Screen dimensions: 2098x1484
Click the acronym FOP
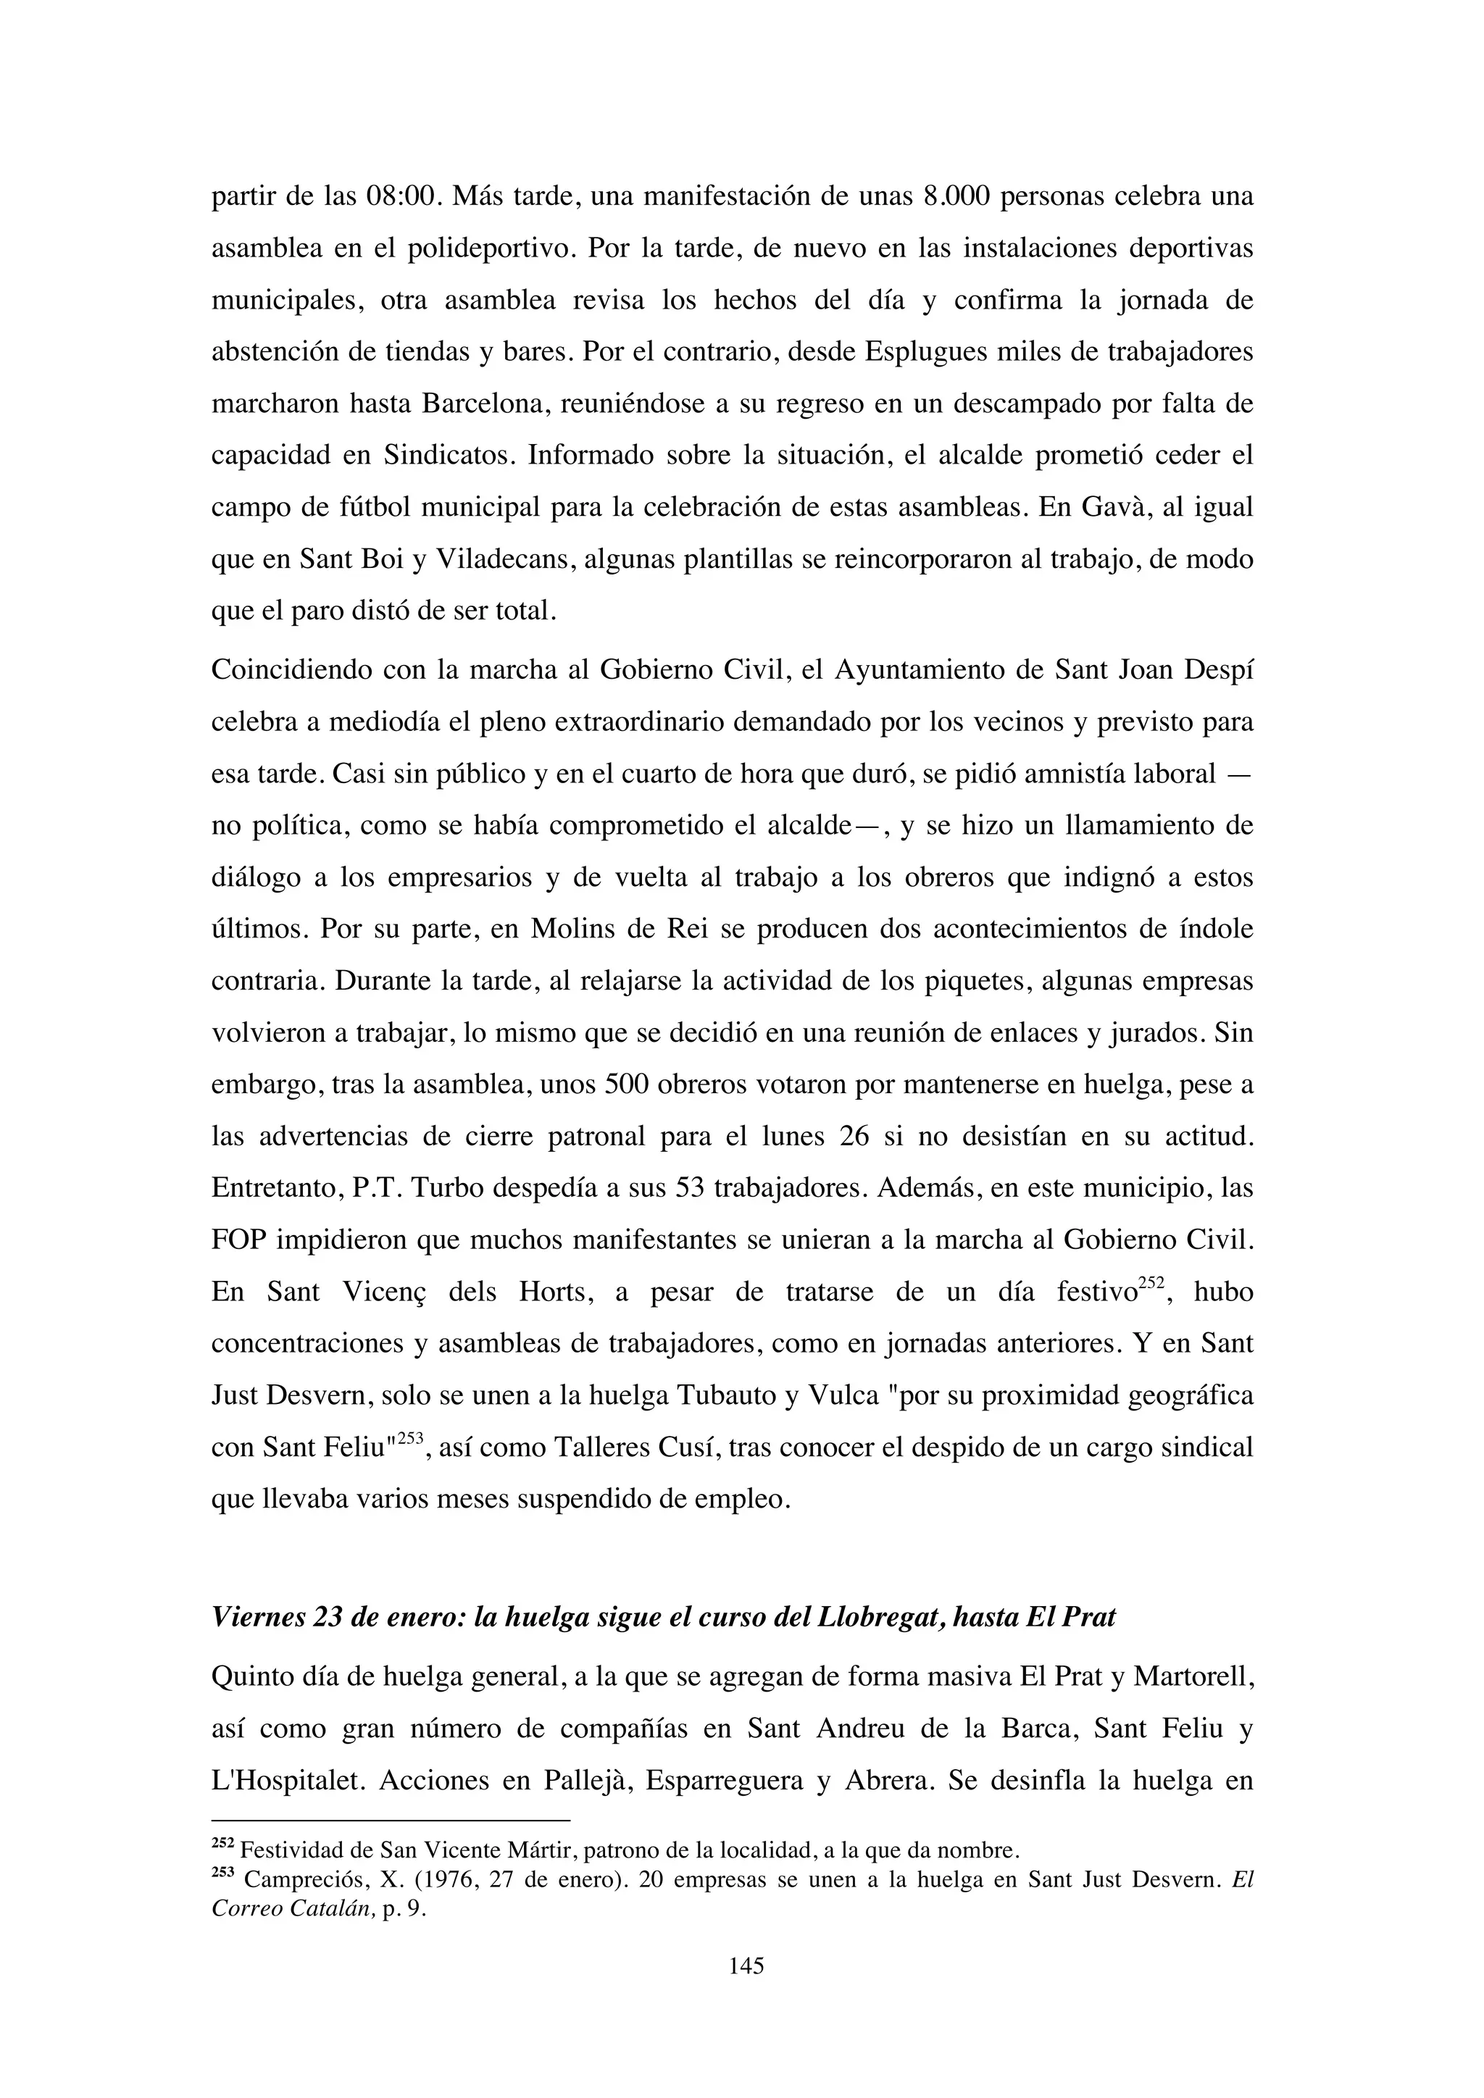[239, 1241]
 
